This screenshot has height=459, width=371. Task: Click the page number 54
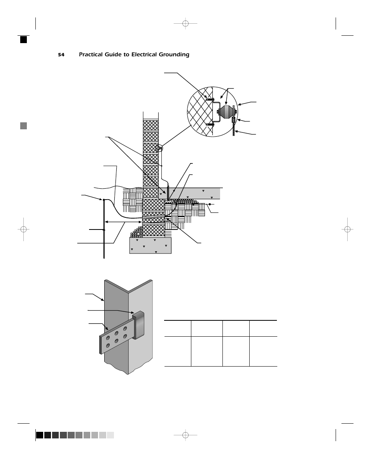point(61,55)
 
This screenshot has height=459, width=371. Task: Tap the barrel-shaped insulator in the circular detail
point(226,113)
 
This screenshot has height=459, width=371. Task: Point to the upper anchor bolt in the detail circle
point(209,100)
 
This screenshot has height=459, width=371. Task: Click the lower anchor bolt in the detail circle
point(209,125)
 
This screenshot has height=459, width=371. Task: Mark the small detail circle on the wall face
point(159,148)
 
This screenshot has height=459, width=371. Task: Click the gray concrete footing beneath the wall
point(150,245)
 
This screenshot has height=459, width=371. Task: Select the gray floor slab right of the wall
point(194,193)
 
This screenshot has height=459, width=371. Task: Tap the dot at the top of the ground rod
point(104,200)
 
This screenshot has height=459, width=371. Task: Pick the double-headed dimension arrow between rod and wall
point(123,222)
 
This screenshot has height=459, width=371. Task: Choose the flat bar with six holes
point(115,337)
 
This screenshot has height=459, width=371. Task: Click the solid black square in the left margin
point(24,39)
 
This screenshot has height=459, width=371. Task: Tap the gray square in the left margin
point(24,125)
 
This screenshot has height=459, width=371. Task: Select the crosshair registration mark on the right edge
point(347,229)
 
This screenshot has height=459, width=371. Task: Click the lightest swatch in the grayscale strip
point(110,435)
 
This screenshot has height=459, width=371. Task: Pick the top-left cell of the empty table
point(178,329)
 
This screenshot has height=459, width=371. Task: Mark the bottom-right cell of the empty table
point(263,351)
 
